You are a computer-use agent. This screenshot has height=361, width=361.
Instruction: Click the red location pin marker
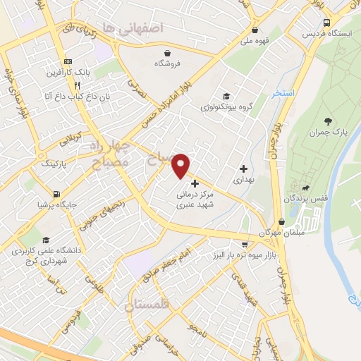tap(181, 164)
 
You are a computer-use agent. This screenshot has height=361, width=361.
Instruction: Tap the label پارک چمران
tap(333, 132)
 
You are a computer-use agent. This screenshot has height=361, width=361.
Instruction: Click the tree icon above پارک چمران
tap(328, 121)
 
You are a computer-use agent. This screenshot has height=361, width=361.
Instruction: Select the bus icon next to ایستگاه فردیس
tap(326, 23)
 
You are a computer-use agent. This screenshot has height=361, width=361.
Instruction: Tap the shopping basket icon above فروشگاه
tap(167, 53)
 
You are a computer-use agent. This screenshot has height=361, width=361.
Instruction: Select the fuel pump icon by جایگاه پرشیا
tap(56, 194)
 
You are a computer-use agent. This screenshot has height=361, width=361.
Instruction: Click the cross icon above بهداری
tap(243, 169)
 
